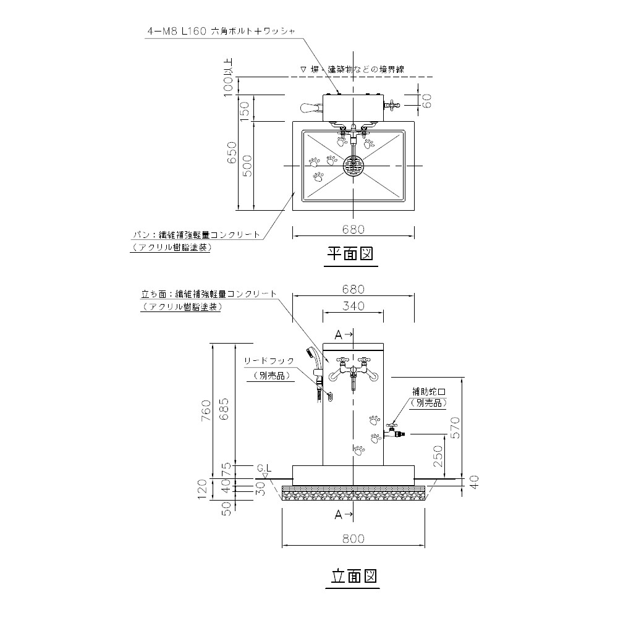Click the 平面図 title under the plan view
350,255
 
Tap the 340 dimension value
353,305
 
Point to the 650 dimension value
231,152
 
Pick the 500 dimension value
247,166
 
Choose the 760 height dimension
206,409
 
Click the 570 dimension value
455,426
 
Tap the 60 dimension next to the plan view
426,101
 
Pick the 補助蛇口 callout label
429,392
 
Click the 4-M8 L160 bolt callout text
223,29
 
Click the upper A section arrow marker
343,334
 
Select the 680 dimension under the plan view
353,229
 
